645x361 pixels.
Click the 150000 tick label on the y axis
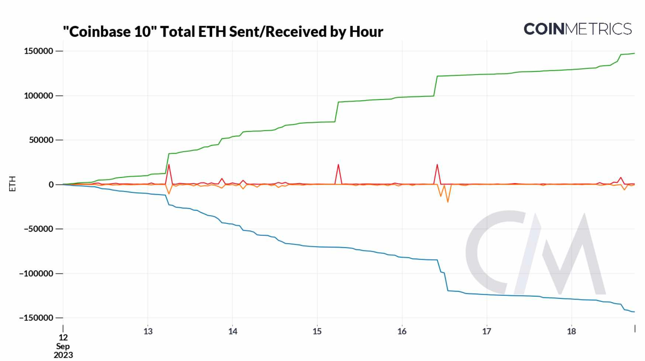click(x=38, y=51)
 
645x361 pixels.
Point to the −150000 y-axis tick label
click(x=36, y=318)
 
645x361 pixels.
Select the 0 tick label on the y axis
click(x=51, y=185)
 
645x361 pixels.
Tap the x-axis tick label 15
click(x=317, y=332)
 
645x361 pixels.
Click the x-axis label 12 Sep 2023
click(x=63, y=346)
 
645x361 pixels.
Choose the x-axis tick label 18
click(x=571, y=332)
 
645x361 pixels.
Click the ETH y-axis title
click(x=12, y=183)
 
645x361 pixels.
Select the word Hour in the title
click(x=366, y=32)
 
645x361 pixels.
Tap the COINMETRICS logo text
click(x=577, y=29)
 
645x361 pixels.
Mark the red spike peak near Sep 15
click(x=338, y=165)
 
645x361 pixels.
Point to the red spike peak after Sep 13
click(x=169, y=164)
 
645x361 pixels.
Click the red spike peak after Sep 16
click(x=437, y=165)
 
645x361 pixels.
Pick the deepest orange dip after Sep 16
click(x=448, y=202)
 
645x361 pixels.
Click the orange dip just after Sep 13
click(x=169, y=194)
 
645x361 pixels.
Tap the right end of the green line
click(x=634, y=53)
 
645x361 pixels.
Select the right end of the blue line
click(x=634, y=312)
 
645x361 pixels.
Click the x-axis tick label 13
click(x=148, y=332)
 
